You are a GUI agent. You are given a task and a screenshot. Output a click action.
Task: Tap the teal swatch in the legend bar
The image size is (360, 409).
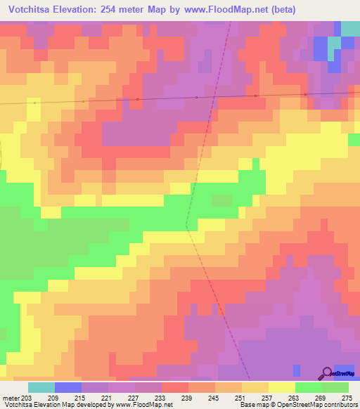pyautogui.click(x=41, y=387)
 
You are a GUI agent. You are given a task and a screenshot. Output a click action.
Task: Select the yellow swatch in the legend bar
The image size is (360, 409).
pyautogui.click(x=281, y=387)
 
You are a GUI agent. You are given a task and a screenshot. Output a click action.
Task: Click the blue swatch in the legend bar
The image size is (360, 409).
pyautogui.click(x=67, y=387)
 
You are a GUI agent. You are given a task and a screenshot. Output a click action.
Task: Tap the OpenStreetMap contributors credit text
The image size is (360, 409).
pyautogui.click(x=320, y=405)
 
